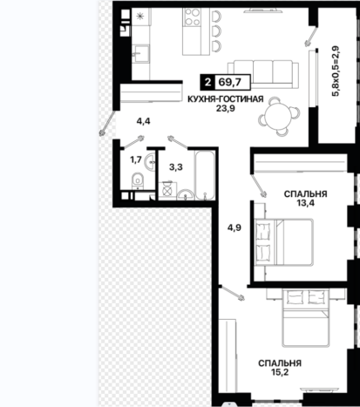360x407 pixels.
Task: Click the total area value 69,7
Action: point(230,82)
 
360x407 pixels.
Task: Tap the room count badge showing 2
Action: point(207,82)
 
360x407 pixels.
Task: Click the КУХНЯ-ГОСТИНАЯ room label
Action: point(226,99)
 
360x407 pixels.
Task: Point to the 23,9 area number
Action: point(225,108)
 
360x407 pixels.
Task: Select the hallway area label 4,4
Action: point(144,121)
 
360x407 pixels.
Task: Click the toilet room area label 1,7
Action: point(136,159)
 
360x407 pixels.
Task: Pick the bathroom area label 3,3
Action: point(176,167)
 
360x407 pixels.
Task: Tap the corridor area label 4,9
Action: point(234,227)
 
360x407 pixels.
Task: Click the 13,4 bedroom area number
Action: point(305,203)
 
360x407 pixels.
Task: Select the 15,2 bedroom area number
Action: point(280,372)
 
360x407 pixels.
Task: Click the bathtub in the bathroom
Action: point(205,175)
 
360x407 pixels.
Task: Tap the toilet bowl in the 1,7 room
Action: point(138,180)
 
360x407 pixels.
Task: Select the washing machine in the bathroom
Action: point(167,191)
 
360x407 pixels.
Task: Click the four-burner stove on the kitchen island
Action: point(193,17)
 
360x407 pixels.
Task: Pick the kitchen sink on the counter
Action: point(141,54)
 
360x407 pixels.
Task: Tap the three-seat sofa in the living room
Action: point(263,74)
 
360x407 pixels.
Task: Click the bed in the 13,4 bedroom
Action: point(284,242)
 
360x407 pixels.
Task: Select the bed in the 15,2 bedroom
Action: point(306,318)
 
